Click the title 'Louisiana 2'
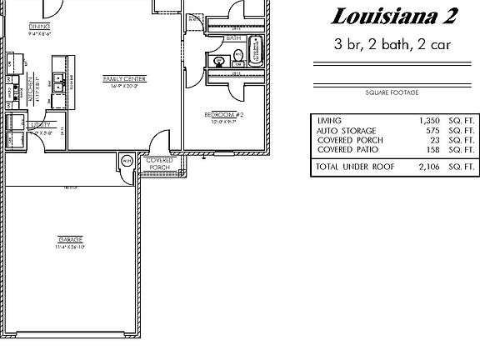coord(386,15)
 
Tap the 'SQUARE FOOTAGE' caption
coord(390,92)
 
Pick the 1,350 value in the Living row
coord(433,120)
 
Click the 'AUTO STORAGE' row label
coord(346,131)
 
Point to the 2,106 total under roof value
coord(433,167)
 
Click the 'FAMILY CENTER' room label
coord(124,78)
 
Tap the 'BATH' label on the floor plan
coord(233,38)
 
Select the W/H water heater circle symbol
coord(126,161)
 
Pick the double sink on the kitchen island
coord(59,81)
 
